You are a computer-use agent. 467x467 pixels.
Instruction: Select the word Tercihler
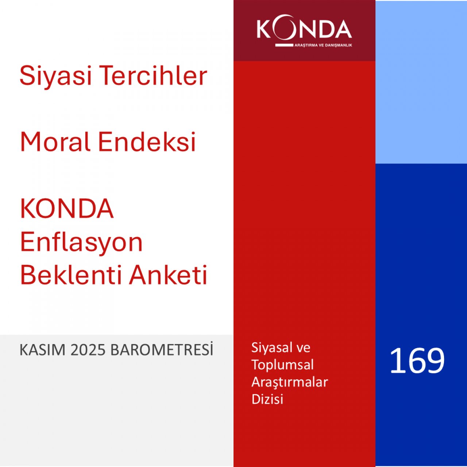pos(153,75)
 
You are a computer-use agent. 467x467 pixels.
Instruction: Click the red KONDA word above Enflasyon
pos(67,209)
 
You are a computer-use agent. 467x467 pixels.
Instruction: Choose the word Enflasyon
pos(81,242)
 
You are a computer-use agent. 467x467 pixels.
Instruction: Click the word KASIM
pos(42,350)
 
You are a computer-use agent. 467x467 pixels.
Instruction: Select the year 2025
pos(88,350)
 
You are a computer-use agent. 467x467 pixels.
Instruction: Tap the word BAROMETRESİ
pos(162,350)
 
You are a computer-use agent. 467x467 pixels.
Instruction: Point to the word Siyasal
pos(270,348)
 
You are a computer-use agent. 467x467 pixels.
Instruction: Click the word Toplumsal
pos(282,365)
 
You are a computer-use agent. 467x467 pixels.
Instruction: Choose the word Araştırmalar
pos(290,382)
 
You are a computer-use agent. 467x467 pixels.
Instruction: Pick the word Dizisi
pos(267,399)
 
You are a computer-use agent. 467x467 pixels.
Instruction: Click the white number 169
pos(417,361)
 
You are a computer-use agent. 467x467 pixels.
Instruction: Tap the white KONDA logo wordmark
pos(304,29)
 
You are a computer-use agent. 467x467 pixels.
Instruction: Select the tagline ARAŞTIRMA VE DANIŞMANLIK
pos(323,45)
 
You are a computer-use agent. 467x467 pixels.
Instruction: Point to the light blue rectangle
pos(421,82)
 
